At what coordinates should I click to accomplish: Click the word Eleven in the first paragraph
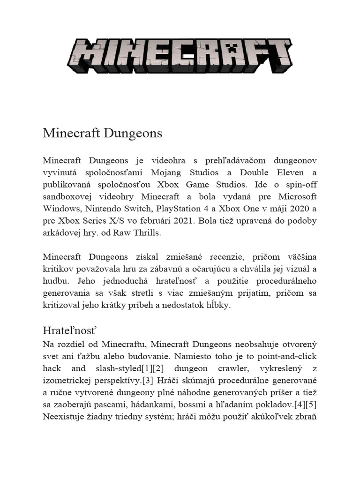(280, 172)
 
